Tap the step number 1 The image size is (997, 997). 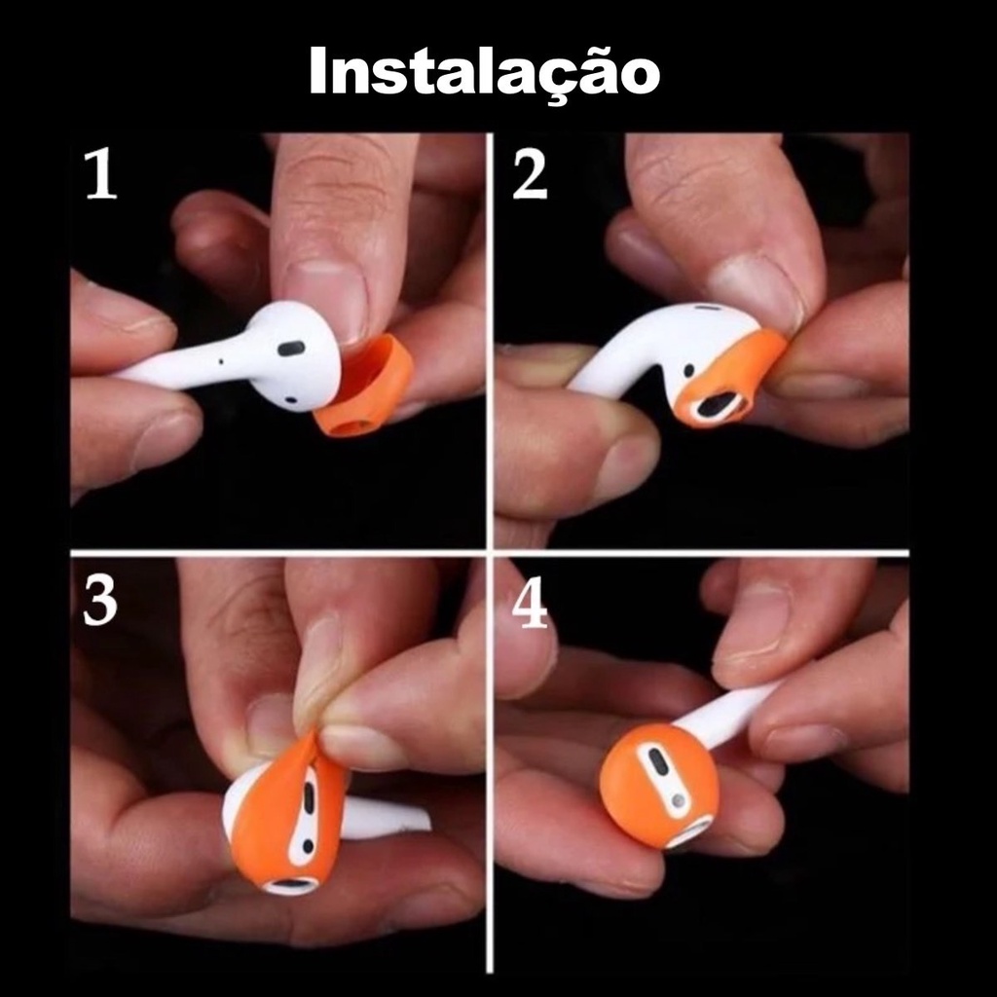pyautogui.click(x=101, y=173)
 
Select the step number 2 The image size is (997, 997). pyautogui.click(x=529, y=174)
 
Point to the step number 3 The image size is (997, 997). pyautogui.click(x=100, y=601)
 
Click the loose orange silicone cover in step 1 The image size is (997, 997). pyautogui.click(x=364, y=387)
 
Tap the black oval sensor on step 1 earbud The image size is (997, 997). pyautogui.click(x=291, y=348)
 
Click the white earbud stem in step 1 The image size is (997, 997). pyautogui.click(x=184, y=367)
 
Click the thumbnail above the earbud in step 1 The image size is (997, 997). pyautogui.click(x=325, y=299)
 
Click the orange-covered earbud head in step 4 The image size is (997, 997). pyautogui.click(x=659, y=784)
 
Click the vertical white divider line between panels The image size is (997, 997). pyautogui.click(x=490, y=552)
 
